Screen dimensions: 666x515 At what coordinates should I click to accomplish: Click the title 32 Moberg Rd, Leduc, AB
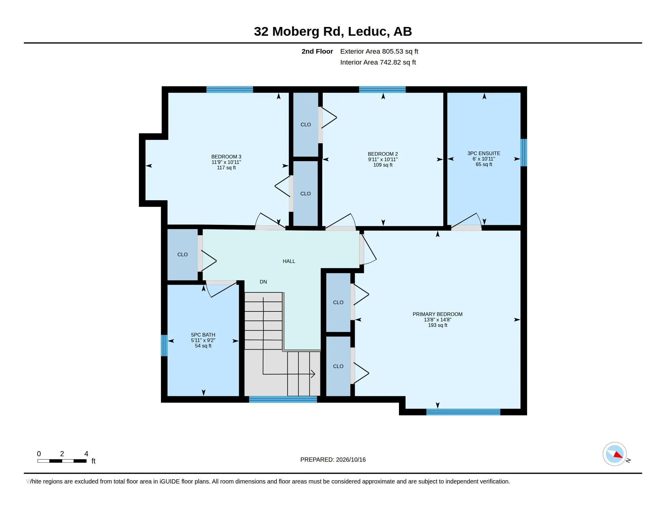pos(333,32)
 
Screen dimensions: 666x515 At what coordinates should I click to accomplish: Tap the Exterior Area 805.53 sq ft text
pos(379,51)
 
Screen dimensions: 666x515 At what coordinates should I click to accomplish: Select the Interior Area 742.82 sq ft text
pos(378,62)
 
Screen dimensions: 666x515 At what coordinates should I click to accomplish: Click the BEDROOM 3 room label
pos(226,157)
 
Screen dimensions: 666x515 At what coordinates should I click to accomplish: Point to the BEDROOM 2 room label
pos(383,154)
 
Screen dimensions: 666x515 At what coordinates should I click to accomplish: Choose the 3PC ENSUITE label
pos(484,154)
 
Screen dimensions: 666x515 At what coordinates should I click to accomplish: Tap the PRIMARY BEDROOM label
pos(437,314)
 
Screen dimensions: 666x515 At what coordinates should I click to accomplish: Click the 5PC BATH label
pos(203,335)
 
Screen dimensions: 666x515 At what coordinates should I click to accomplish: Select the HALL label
pos(289,261)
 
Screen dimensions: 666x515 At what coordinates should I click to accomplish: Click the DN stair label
pos(263,282)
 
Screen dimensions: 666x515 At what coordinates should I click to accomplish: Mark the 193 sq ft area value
pos(438,325)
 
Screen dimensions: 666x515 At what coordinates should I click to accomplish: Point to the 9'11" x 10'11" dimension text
pos(383,160)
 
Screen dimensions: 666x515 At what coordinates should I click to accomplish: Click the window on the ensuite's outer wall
pos(524,153)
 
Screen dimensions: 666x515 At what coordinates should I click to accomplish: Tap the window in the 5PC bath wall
pos(164,345)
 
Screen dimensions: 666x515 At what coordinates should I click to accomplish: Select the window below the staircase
pos(283,399)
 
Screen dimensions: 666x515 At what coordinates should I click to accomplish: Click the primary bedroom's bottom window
pos(463,412)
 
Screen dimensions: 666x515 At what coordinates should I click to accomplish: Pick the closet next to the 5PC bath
pos(182,254)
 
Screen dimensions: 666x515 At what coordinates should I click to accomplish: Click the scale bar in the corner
pos(62,461)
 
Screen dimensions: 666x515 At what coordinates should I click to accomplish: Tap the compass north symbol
pos(615,454)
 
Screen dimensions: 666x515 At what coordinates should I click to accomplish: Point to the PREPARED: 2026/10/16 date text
pos(333,460)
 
